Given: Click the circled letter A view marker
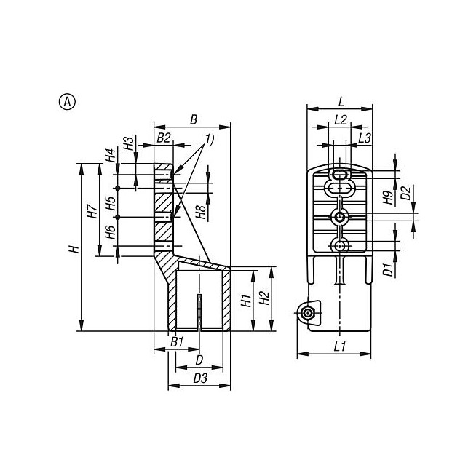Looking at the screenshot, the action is (67, 102).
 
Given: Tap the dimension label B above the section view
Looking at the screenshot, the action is (194, 119).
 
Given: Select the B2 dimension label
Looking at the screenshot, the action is (164, 138).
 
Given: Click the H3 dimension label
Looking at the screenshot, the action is (129, 143).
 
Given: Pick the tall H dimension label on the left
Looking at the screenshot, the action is (74, 250).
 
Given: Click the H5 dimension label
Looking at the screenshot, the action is (111, 203).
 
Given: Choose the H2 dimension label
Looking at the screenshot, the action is (264, 298).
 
